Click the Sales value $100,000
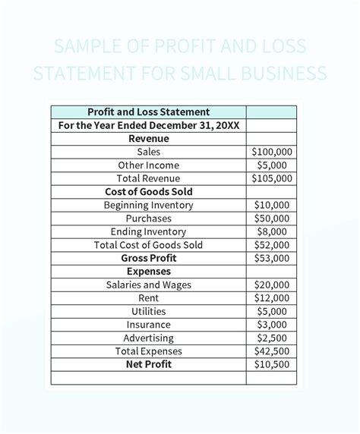click(x=271, y=152)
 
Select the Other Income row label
click(x=149, y=165)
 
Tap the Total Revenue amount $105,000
click(x=271, y=178)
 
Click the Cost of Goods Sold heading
click(x=149, y=192)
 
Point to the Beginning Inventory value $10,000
click(x=271, y=205)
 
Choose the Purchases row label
click(x=149, y=219)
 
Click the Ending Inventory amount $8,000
click(x=271, y=231)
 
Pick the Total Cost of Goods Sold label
click(x=149, y=245)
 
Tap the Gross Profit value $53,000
click(x=271, y=258)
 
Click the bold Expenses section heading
click(x=149, y=272)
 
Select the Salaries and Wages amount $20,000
click(x=271, y=285)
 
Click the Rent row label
click(x=149, y=298)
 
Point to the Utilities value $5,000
click(x=271, y=311)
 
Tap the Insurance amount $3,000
click(x=271, y=325)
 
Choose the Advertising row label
click(x=149, y=338)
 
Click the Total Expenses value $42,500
click(x=271, y=351)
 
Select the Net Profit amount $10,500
click(x=271, y=364)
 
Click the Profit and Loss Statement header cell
click(x=149, y=112)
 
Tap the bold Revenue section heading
click(x=149, y=139)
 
